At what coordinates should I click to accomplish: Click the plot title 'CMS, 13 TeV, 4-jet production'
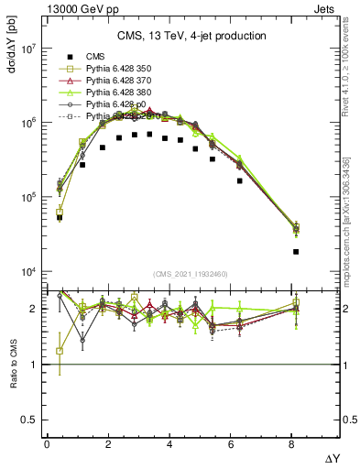tap(191, 36)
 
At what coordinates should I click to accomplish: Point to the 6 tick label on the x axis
tap(232, 444)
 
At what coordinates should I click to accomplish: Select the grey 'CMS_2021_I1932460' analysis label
tap(191, 274)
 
